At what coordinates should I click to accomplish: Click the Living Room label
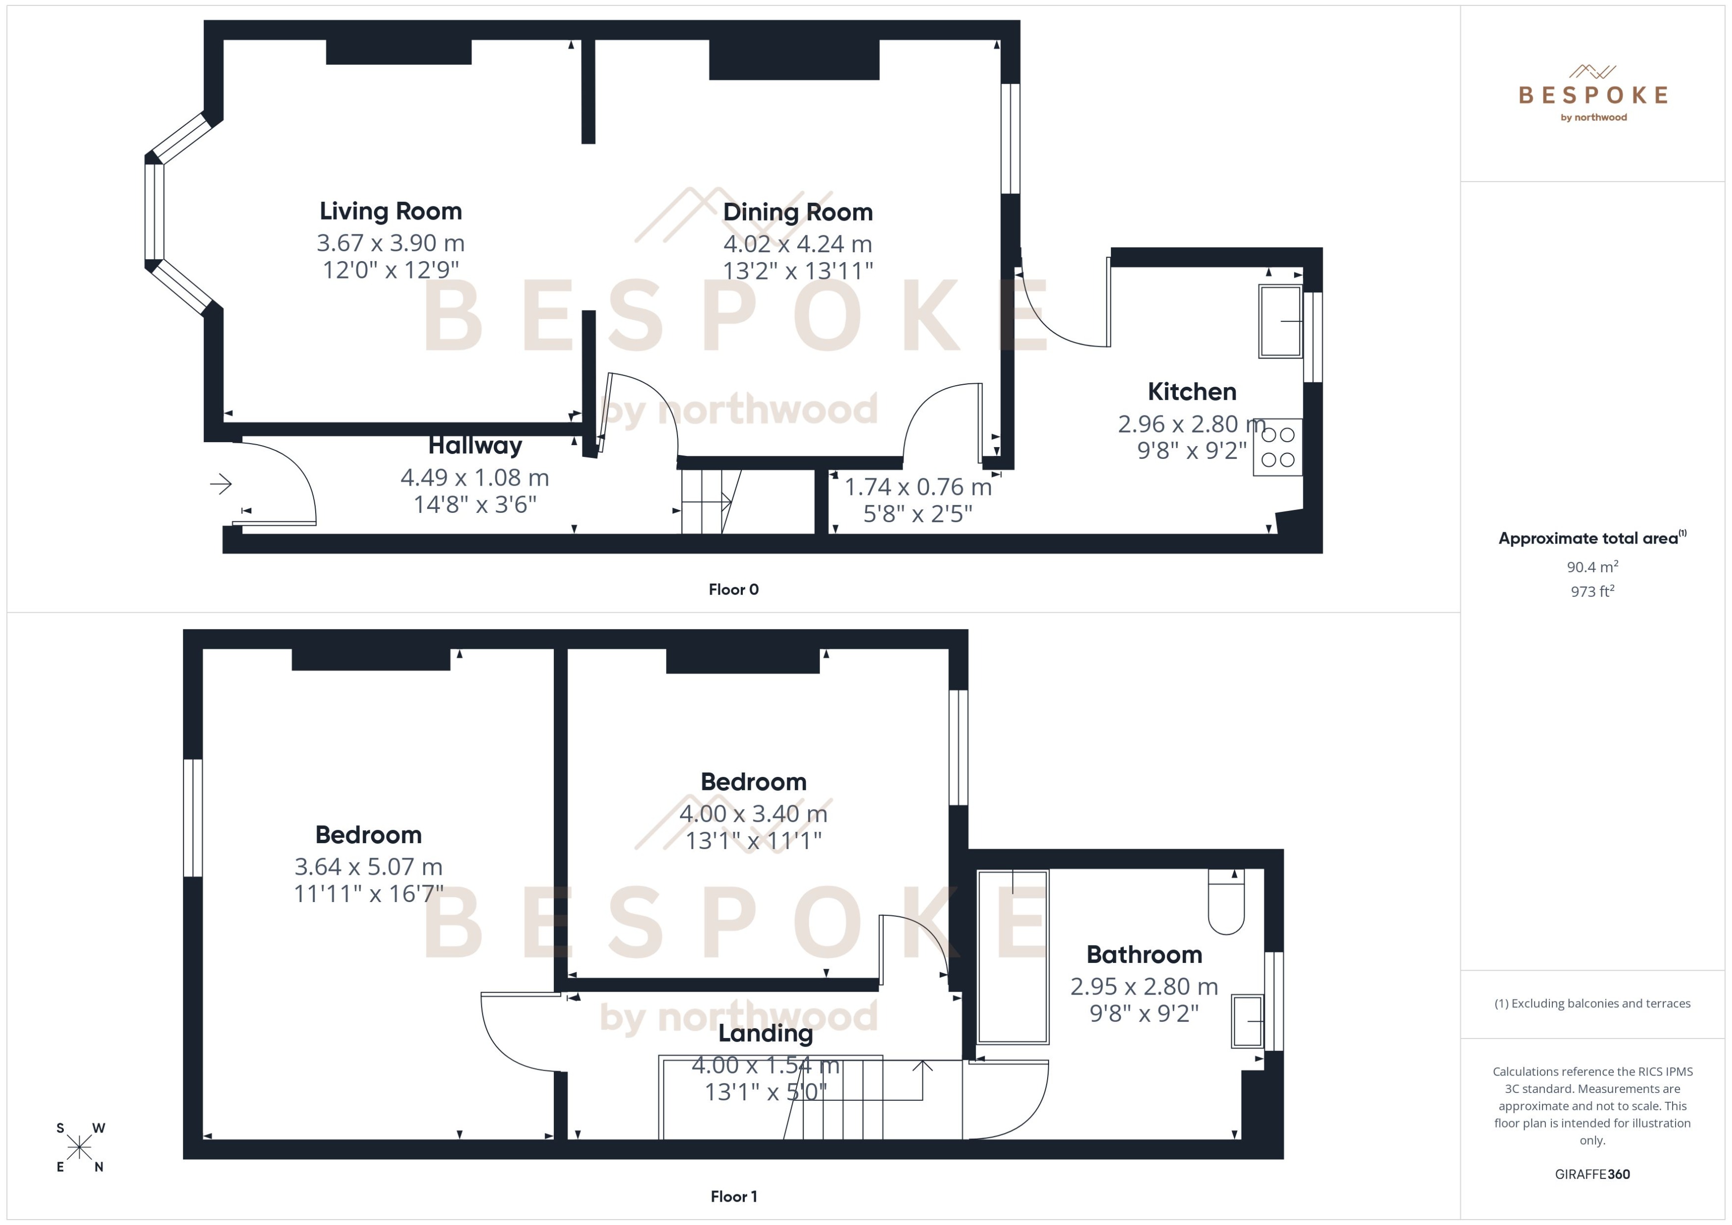coord(390,211)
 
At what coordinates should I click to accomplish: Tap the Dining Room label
coord(798,212)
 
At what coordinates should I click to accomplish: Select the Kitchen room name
coord(1192,392)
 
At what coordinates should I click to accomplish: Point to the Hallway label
coord(475,445)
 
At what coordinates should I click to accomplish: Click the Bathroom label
coord(1144,954)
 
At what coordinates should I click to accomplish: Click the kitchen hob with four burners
coord(1278,447)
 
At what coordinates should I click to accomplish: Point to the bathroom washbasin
coord(1248,1021)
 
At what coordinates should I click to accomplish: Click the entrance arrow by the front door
coord(220,484)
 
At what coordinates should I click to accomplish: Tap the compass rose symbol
coord(79,1148)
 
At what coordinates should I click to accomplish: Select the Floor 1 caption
coord(733,1196)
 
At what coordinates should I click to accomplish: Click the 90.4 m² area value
coord(1591,566)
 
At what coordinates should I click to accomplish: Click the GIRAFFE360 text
coord(1591,1174)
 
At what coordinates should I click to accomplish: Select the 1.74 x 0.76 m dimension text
coord(917,487)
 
